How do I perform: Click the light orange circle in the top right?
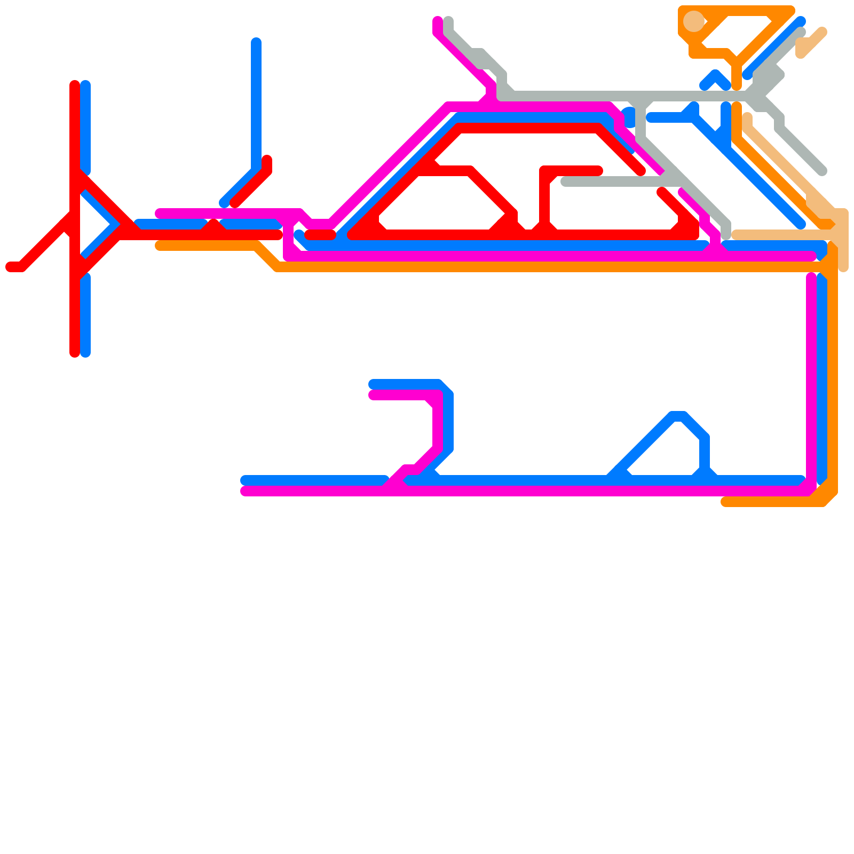[693, 21]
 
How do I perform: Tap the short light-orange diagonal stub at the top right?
[811, 43]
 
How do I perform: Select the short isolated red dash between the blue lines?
[320, 234]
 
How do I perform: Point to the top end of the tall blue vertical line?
[256, 42]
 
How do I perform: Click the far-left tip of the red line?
[10, 267]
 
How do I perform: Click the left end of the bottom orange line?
[725, 502]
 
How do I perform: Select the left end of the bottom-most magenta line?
[245, 491]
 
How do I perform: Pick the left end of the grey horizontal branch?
[565, 182]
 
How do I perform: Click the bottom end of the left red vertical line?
[75, 353]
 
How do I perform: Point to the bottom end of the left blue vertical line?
[85, 353]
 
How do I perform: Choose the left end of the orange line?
[159, 246]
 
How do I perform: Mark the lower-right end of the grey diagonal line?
[823, 171]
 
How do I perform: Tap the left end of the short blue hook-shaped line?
[373, 384]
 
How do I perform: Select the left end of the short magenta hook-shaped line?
[373, 395]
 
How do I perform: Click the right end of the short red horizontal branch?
[599, 171]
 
